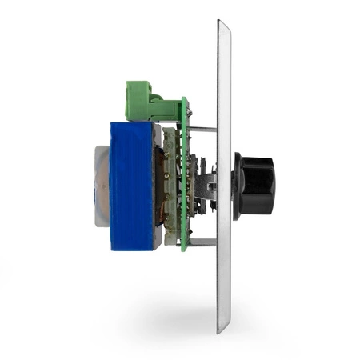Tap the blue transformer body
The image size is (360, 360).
click(131, 186)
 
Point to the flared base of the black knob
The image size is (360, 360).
click(238, 186)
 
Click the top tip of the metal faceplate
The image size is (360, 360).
click(224, 24)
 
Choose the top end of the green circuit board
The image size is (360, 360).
click(185, 100)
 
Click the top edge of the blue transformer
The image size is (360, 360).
click(131, 123)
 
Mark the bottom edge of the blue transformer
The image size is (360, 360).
click(131, 249)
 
